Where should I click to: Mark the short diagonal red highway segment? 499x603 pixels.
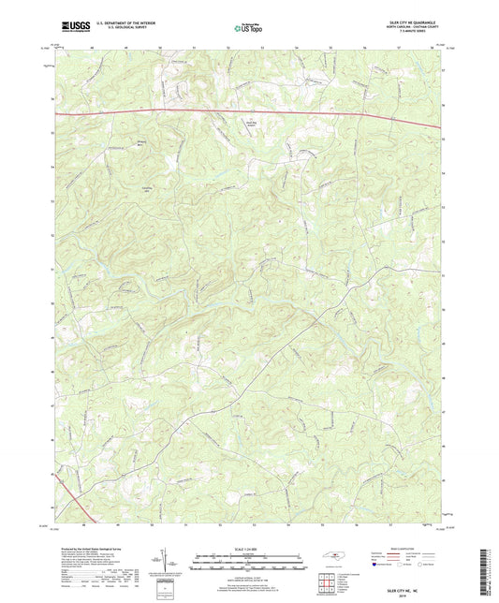pos(66,487)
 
